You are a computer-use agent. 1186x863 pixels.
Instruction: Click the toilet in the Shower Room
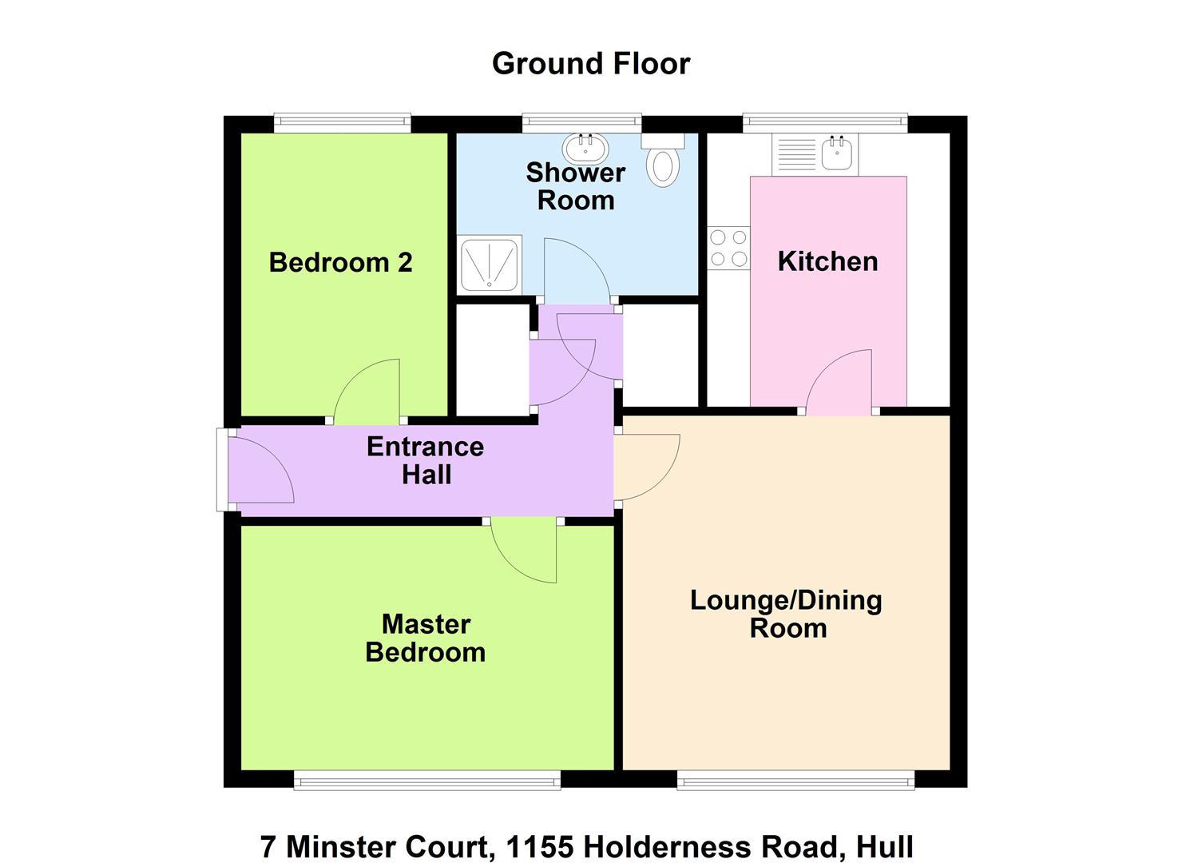(663, 160)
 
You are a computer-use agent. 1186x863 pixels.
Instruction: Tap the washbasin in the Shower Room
(585, 148)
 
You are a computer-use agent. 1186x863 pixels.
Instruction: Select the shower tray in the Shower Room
(490, 264)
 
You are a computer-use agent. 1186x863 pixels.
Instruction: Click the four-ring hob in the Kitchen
(728, 248)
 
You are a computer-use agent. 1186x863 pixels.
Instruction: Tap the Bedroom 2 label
(340, 262)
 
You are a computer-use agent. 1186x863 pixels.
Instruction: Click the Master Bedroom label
(426, 638)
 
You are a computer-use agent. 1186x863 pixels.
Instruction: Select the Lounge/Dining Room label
(787, 614)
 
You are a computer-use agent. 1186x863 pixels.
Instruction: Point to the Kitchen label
(827, 261)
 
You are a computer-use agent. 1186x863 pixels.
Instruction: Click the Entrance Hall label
(426, 460)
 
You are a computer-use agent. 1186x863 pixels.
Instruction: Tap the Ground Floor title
(591, 64)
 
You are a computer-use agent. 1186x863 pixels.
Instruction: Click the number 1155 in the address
(540, 846)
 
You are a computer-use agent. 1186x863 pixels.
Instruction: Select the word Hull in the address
(885, 846)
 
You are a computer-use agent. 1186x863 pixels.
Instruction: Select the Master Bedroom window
(426, 781)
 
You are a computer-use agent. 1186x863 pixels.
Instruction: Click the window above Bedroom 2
(342, 123)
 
